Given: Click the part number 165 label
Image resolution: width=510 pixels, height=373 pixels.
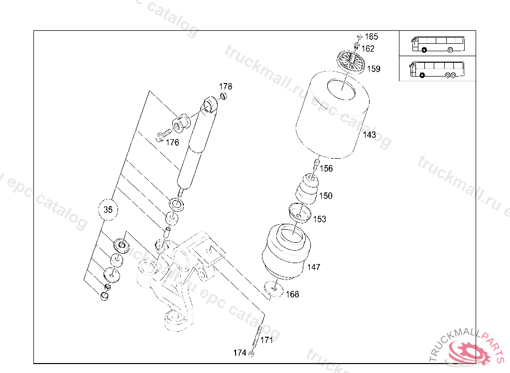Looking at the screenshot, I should click(x=372, y=37).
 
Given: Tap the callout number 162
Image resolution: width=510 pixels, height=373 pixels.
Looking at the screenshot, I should click(x=368, y=49).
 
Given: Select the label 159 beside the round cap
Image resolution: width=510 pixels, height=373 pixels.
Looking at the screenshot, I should click(x=374, y=69).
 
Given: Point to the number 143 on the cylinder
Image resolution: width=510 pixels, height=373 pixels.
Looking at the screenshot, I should click(x=370, y=135).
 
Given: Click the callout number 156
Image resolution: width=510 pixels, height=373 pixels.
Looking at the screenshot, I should click(x=326, y=169).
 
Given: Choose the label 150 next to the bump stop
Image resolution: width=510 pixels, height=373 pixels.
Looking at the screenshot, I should click(x=326, y=196).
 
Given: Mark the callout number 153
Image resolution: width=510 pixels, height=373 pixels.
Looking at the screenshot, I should click(x=319, y=219).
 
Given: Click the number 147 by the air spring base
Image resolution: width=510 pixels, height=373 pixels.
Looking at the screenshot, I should click(x=314, y=267).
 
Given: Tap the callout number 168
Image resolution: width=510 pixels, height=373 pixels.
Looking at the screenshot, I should click(x=292, y=294).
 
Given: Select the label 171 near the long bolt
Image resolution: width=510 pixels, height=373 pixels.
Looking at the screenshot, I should click(x=267, y=341).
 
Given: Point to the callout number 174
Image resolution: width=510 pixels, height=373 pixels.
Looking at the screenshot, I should click(x=240, y=353).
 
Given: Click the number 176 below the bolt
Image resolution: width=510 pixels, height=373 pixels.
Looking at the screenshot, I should click(x=172, y=143).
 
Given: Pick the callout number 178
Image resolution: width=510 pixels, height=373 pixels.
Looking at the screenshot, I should click(x=226, y=87).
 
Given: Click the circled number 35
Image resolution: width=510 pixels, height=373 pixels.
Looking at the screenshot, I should click(x=108, y=210).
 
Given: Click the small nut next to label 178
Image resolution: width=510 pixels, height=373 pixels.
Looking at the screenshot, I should click(x=224, y=95).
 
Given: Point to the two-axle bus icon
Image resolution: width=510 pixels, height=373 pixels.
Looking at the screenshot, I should click(x=436, y=43).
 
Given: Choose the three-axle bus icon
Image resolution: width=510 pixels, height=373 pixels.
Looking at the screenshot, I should click(x=436, y=69).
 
